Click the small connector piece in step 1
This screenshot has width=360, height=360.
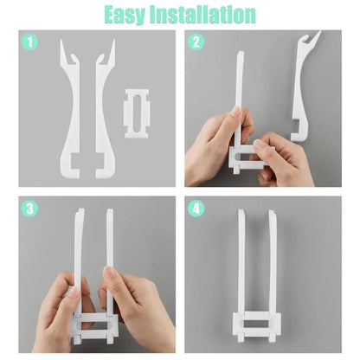click(x=138, y=112)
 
